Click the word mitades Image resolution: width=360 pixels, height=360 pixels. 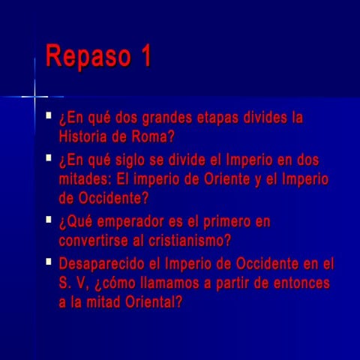click(85, 180)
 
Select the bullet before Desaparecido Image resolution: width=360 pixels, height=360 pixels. click(49, 262)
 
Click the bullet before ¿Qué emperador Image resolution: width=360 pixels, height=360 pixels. click(49, 220)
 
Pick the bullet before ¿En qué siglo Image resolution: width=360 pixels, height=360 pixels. click(49, 159)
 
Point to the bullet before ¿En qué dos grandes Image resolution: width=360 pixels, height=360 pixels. click(49, 116)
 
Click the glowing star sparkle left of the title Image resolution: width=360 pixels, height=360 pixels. click(34, 97)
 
